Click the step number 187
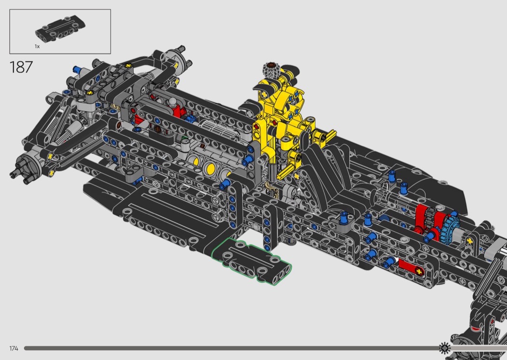21,67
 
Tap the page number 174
14,348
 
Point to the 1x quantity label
37,46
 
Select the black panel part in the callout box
60,27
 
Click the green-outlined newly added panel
252,261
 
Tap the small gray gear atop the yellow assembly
270,69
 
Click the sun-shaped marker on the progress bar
445,348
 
